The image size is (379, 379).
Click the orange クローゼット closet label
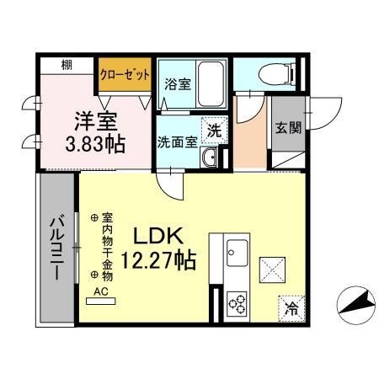pos(125,74)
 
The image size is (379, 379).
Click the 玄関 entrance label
pos(285,129)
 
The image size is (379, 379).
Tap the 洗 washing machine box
pos(214,131)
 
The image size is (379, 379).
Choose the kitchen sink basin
pos(237,251)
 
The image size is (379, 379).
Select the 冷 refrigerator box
pos(290,309)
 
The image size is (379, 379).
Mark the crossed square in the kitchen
pos(272,270)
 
